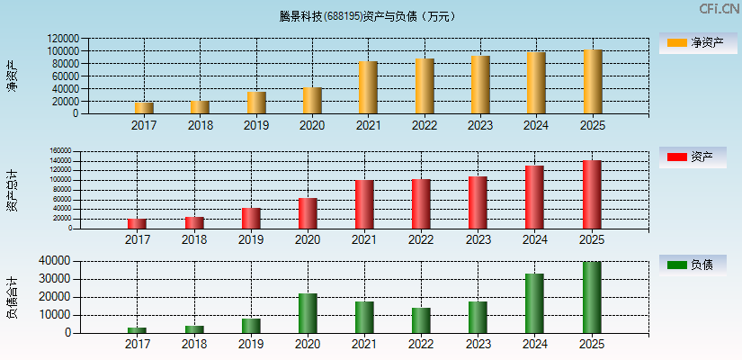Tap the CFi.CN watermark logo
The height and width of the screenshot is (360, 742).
click(x=719, y=9)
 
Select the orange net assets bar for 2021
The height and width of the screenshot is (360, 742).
click(x=368, y=87)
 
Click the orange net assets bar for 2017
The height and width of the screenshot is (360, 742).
click(x=144, y=108)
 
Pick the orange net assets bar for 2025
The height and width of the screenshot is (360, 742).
click(x=593, y=82)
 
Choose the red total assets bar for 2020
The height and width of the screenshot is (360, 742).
click(x=308, y=213)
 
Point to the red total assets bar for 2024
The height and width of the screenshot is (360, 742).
click(x=534, y=197)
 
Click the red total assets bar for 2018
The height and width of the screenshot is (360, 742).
click(x=194, y=222)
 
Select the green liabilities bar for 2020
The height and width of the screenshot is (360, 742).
click(x=308, y=313)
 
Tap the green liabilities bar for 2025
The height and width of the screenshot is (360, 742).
click(x=591, y=298)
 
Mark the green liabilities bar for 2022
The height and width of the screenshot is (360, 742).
click(x=421, y=320)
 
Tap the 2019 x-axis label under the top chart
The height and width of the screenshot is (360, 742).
click(x=256, y=126)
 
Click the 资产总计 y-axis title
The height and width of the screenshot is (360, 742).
click(x=13, y=191)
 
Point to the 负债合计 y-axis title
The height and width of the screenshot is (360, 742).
click(x=13, y=298)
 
